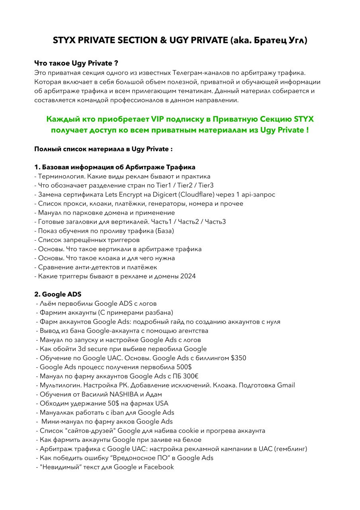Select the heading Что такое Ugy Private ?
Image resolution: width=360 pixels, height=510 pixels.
[x=76, y=63]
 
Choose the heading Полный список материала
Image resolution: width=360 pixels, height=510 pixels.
[x=104, y=149]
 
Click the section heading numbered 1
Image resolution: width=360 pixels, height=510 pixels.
[x=115, y=167]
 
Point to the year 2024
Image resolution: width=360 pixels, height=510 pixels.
[x=188, y=276]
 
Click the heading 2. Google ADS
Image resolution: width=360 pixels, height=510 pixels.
[x=58, y=294]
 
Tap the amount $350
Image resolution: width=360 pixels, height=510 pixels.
[x=238, y=358]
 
